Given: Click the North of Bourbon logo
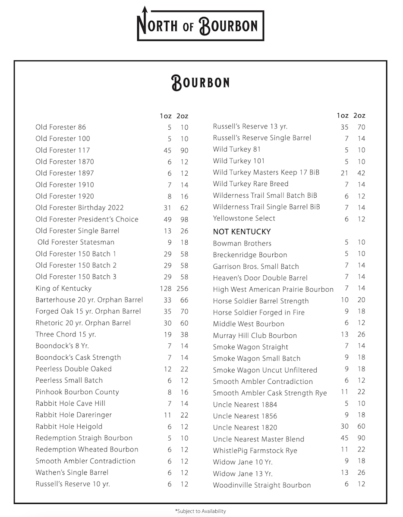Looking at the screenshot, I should pyautogui.click(x=200, y=25).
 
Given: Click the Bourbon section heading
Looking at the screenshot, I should pyautogui.click(x=200, y=82).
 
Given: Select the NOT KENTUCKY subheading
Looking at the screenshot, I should pyautogui.click(x=242, y=232).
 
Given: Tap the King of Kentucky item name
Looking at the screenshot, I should pyautogui.click(x=63, y=288).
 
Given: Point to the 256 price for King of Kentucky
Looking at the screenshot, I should pyautogui.click(x=183, y=288).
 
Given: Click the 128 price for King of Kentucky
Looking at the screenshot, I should pyautogui.click(x=166, y=288).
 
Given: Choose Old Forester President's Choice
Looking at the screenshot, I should pyautogui.click(x=87, y=219).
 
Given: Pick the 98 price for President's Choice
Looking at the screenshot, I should pyautogui.click(x=184, y=219).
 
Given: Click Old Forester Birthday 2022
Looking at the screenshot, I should pyautogui.click(x=79, y=208).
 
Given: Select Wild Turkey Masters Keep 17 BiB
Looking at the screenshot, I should pyautogui.click(x=266, y=173).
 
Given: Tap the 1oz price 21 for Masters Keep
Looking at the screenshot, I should pyautogui.click(x=344, y=173).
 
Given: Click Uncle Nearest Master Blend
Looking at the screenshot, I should pyautogui.click(x=258, y=439).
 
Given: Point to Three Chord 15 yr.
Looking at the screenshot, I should pyautogui.click(x=66, y=334).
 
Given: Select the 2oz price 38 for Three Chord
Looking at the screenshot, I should pyautogui.click(x=184, y=334).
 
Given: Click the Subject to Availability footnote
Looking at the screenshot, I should pyautogui.click(x=200, y=511).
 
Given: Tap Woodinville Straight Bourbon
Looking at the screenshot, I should pyautogui.click(x=261, y=485).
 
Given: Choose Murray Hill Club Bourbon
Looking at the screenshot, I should pyautogui.click(x=255, y=336).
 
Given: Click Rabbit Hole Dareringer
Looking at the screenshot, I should pyautogui.click(x=73, y=415).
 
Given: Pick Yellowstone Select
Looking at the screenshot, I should pyautogui.click(x=244, y=218).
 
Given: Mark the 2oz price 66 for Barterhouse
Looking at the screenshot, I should pyautogui.click(x=184, y=300).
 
